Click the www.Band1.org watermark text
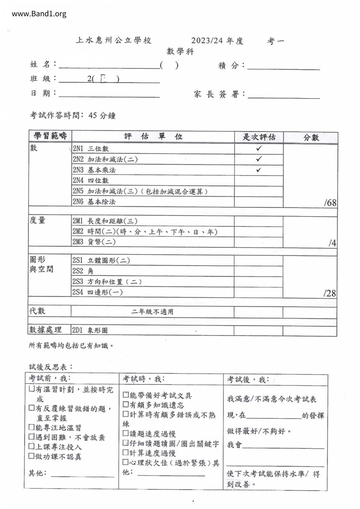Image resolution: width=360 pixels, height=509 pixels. pyautogui.click(x=39, y=14)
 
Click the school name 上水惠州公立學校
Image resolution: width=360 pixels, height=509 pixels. pyautogui.click(x=114, y=40)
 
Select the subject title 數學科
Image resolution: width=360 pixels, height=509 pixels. pyautogui.click(x=180, y=52)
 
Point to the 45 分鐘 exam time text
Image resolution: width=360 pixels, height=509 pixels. pyautogui.click(x=102, y=115)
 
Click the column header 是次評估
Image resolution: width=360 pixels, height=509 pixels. pyautogui.click(x=259, y=137)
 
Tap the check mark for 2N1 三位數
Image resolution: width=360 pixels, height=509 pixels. pyautogui.click(x=259, y=148)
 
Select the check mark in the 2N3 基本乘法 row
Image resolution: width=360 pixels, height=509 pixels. pyautogui.click(x=259, y=170)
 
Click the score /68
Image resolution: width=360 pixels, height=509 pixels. pyautogui.click(x=330, y=203)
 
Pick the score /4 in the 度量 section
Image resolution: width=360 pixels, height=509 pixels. pyautogui.click(x=332, y=243)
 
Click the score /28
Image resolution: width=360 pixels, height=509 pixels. pyautogui.click(x=330, y=293)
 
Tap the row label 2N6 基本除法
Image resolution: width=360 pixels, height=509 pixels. pyautogui.click(x=94, y=202)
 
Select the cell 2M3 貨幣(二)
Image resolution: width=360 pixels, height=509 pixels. pyautogui.click(x=94, y=242)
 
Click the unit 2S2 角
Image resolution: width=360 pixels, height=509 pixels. pyautogui.click(x=83, y=271)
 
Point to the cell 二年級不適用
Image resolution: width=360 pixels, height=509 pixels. pyautogui.click(x=152, y=312)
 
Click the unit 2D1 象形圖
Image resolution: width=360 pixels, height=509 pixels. pyautogui.click(x=90, y=330)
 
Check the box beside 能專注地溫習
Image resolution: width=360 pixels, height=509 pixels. pyautogui.click(x=32, y=427)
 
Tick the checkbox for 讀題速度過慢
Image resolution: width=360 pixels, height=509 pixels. pyautogui.click(x=125, y=433)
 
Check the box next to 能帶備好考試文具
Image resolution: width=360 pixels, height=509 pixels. pyautogui.click(x=125, y=395)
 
